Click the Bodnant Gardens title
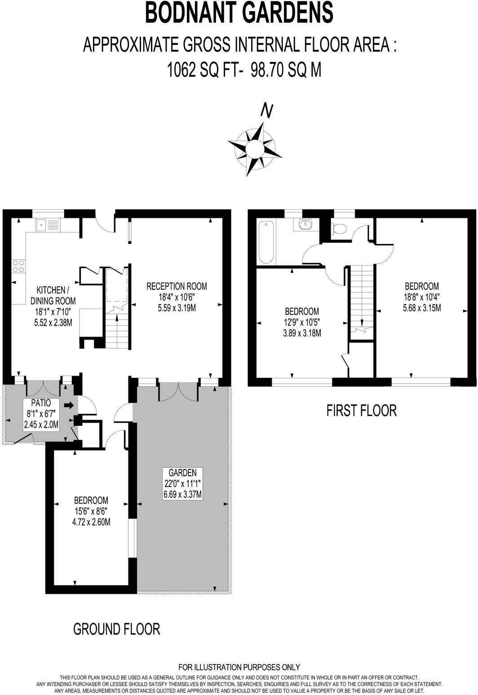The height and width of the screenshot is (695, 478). click(x=239, y=13)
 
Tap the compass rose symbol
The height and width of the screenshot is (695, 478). click(x=255, y=148)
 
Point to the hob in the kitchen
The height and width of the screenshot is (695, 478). click(x=19, y=266)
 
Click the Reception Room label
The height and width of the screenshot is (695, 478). click(x=177, y=286)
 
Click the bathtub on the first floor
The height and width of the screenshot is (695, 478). click(x=266, y=241)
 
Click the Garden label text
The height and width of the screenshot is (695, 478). click(x=182, y=473)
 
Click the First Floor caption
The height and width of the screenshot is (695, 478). click(x=361, y=410)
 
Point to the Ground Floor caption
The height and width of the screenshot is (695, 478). click(x=116, y=629)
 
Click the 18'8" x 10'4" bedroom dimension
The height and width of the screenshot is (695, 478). click(x=421, y=297)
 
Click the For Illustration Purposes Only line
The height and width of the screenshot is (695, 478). click(x=239, y=667)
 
